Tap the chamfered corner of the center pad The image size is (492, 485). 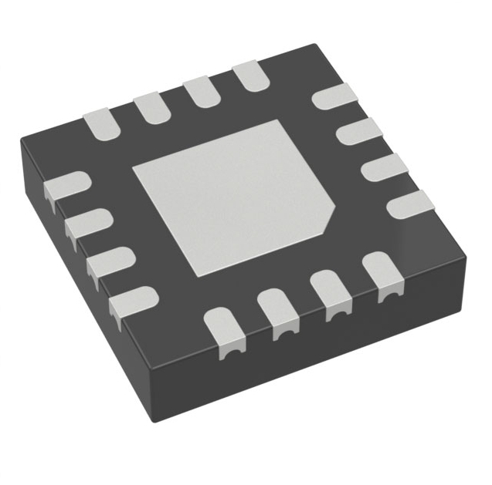328,218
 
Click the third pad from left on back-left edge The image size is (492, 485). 201,91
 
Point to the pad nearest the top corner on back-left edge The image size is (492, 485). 249,76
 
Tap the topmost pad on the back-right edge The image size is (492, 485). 334,97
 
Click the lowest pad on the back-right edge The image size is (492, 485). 409,205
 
